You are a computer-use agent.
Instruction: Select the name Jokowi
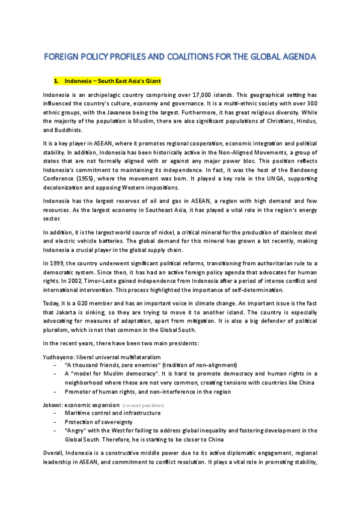[52, 405]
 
